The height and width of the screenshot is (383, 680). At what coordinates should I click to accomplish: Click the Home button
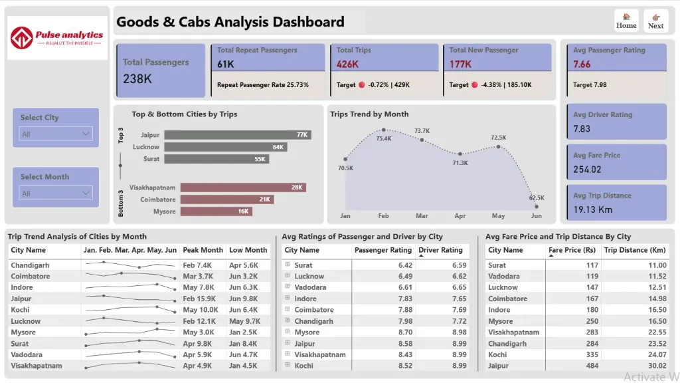click(626, 21)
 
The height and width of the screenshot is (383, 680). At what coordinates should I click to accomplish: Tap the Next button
click(655, 21)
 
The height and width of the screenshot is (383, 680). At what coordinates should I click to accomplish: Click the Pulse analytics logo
click(58, 37)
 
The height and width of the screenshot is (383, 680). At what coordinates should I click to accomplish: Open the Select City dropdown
click(56, 134)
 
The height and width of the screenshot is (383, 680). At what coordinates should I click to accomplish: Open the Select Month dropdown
click(56, 193)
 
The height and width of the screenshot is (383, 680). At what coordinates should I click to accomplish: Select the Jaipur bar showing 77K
click(238, 135)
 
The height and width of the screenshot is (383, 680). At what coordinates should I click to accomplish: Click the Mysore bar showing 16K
click(216, 211)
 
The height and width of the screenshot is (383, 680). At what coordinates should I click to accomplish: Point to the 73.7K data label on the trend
click(422, 131)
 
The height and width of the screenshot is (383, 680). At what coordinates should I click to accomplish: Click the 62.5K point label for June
click(537, 197)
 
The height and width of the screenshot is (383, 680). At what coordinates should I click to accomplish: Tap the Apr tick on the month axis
click(460, 216)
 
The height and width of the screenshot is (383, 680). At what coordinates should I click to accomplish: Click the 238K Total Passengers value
click(137, 78)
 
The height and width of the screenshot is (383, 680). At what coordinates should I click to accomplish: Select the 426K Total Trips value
click(347, 64)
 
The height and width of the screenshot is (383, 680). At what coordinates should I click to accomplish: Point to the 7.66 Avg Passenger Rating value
click(582, 64)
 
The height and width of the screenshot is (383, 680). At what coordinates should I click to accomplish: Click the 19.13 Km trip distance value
click(593, 209)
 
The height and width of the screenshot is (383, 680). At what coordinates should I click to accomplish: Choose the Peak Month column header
click(203, 250)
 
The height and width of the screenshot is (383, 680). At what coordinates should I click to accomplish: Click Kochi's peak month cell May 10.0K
click(201, 310)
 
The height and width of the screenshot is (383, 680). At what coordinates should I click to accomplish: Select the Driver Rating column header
click(441, 250)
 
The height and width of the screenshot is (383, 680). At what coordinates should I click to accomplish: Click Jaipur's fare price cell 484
click(592, 366)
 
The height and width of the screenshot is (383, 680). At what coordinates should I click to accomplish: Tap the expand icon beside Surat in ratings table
click(288, 265)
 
